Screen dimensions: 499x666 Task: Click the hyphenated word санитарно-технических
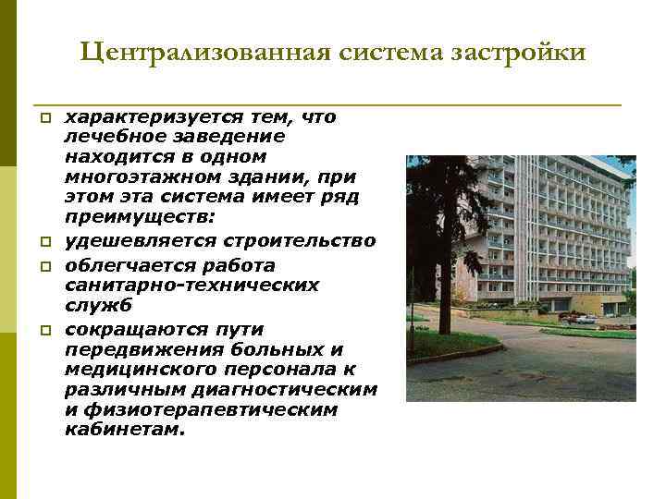point(191,286)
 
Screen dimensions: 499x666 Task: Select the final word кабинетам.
point(124,430)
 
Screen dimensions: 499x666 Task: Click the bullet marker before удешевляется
point(43,242)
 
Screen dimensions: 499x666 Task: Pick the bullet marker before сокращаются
point(43,331)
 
